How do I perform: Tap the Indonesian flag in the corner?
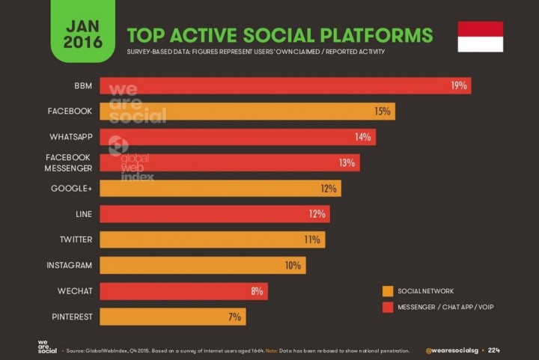tap(480, 36)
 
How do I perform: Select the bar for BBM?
tap(284, 85)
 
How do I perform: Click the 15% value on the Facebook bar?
tap(383, 112)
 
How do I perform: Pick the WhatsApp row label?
tap(70, 137)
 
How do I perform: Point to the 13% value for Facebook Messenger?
tap(347, 162)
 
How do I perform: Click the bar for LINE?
tap(214, 214)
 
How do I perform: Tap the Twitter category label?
tap(76, 240)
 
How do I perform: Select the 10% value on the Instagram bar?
tap(292, 265)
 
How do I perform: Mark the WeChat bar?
tap(183, 291)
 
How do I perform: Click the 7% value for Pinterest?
tap(234, 317)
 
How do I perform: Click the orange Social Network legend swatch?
tap(388, 291)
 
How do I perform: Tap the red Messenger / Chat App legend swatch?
tap(388, 307)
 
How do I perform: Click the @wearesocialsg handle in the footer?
tap(451, 350)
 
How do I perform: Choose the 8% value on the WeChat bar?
tap(256, 291)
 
